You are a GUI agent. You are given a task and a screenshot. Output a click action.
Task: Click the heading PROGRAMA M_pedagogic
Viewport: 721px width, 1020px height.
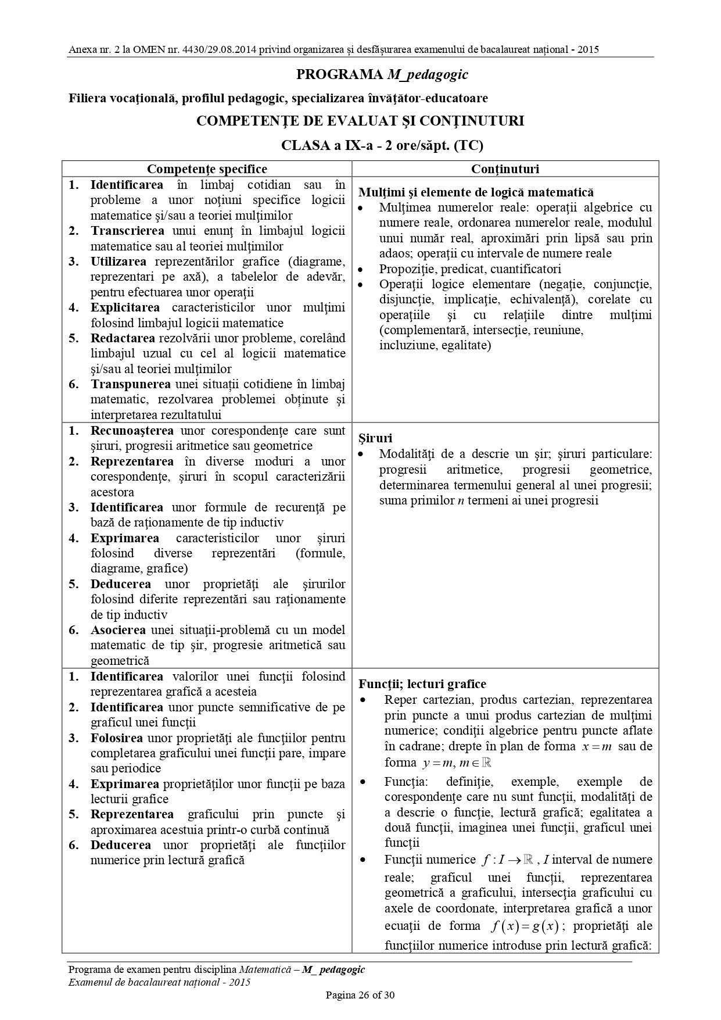382,74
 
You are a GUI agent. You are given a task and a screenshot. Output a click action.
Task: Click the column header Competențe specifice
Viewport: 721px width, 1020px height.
207,169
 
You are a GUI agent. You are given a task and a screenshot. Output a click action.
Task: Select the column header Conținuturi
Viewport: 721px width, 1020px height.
505,169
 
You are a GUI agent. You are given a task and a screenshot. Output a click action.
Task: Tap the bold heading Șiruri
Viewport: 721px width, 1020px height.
375,438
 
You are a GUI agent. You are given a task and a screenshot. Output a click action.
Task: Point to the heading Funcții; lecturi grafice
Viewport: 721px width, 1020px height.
422,684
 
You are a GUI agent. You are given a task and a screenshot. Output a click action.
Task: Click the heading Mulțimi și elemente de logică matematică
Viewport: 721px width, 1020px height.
476,192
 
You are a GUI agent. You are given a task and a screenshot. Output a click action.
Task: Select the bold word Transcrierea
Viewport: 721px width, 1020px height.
127,231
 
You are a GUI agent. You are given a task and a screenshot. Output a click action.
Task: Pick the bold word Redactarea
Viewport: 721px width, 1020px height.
123,338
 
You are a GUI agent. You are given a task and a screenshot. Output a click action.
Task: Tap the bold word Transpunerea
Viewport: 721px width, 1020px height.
131,384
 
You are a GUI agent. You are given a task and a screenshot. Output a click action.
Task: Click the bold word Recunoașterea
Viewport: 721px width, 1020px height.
132,431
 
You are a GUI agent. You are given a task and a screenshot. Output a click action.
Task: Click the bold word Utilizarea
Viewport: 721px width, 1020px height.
119,262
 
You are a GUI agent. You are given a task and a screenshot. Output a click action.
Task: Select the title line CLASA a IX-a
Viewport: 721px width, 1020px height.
382,145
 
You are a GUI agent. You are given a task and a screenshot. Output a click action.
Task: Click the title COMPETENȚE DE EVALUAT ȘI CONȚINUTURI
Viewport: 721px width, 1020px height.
360,121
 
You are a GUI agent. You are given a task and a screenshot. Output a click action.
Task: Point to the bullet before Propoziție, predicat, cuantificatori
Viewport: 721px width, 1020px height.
362,269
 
